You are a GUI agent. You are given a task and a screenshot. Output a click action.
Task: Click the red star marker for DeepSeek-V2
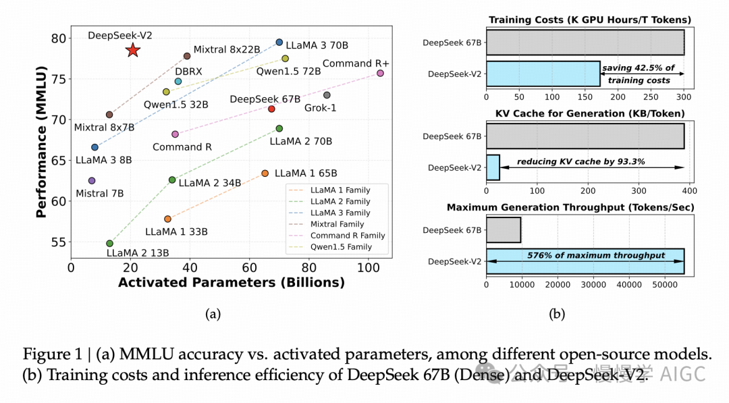(133, 50)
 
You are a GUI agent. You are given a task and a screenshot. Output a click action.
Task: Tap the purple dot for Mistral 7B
(92, 181)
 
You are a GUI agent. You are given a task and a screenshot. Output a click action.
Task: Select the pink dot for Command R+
(380, 73)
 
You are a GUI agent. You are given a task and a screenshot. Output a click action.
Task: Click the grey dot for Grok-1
(327, 95)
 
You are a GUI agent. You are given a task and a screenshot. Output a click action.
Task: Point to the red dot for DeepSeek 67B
(271, 109)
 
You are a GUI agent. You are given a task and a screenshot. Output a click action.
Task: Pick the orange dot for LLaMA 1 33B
(167, 219)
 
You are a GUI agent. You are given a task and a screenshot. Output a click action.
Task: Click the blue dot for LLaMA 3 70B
(279, 43)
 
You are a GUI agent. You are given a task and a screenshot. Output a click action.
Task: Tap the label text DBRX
(188, 71)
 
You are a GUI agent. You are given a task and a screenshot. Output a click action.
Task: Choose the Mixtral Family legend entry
(336, 224)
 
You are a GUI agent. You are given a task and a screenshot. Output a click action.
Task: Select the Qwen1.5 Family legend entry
(340, 247)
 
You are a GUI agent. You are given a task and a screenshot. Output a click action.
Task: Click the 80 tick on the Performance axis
(59, 38)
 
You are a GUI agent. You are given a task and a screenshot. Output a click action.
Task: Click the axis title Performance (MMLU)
(42, 141)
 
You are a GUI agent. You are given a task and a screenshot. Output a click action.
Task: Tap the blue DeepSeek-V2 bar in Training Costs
(543, 73)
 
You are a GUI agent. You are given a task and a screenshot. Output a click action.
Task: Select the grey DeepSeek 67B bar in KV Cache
(585, 136)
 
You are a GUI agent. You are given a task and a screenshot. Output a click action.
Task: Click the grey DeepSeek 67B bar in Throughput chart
(503, 230)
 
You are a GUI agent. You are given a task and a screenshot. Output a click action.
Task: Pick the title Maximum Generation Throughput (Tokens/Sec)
(570, 207)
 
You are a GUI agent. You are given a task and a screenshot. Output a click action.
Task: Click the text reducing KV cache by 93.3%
(580, 162)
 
